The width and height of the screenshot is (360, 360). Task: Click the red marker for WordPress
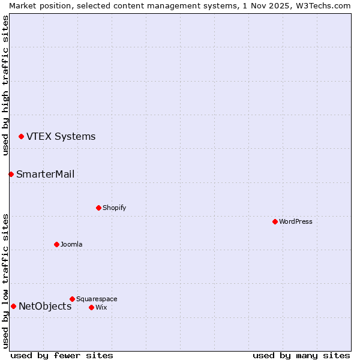[275, 221]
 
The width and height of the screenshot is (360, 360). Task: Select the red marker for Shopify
[98, 208]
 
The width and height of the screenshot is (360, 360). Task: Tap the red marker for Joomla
[56, 244]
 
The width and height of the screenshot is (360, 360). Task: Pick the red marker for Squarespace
[72, 299]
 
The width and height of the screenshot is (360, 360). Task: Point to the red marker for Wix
[91, 307]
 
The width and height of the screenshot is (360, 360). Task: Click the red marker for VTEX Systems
[21, 136]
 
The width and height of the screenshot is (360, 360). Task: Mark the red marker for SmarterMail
[11, 174]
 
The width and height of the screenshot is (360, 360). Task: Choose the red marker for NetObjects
[13, 306]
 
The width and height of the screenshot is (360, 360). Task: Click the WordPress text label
[296, 221]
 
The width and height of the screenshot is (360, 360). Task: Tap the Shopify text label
[114, 208]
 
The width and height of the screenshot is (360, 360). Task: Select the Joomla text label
[71, 244]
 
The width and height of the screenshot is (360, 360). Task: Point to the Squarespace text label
[97, 299]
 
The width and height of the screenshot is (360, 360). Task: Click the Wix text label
[101, 307]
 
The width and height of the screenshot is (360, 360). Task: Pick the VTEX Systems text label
[61, 136]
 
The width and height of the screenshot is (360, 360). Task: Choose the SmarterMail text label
[46, 174]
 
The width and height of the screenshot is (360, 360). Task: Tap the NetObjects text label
[45, 306]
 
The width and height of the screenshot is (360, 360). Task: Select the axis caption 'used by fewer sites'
[62, 355]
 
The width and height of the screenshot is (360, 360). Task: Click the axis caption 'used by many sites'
[301, 355]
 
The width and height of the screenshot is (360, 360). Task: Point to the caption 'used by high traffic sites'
[5, 85]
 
